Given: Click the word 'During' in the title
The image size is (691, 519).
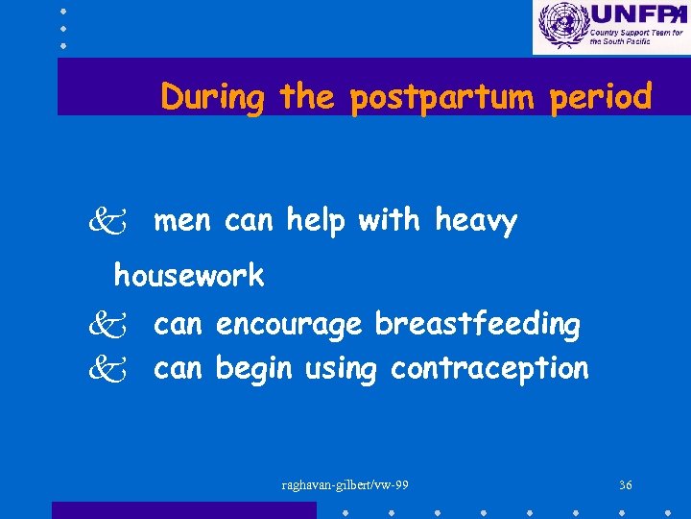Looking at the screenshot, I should tap(212, 97).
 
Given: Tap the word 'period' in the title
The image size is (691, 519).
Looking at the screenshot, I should tap(601, 97).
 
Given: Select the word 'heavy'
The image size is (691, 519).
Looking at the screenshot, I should tap(476, 222).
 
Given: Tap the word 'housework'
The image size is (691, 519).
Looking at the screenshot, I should tap(189, 276).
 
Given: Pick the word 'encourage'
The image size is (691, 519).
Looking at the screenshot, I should tap(289, 326).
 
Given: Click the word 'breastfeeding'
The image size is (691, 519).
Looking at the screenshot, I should tap(477, 325).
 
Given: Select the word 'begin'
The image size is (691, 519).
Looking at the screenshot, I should tap(254, 368).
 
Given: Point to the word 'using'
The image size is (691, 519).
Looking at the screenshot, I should tap(341, 369).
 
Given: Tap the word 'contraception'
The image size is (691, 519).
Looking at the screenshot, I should tap(489, 368).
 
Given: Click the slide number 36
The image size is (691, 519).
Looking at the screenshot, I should tap(625, 485).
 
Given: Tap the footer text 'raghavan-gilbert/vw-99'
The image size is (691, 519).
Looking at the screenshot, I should tap(345, 485).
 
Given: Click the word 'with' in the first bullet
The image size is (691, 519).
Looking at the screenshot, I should tap(389, 221).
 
